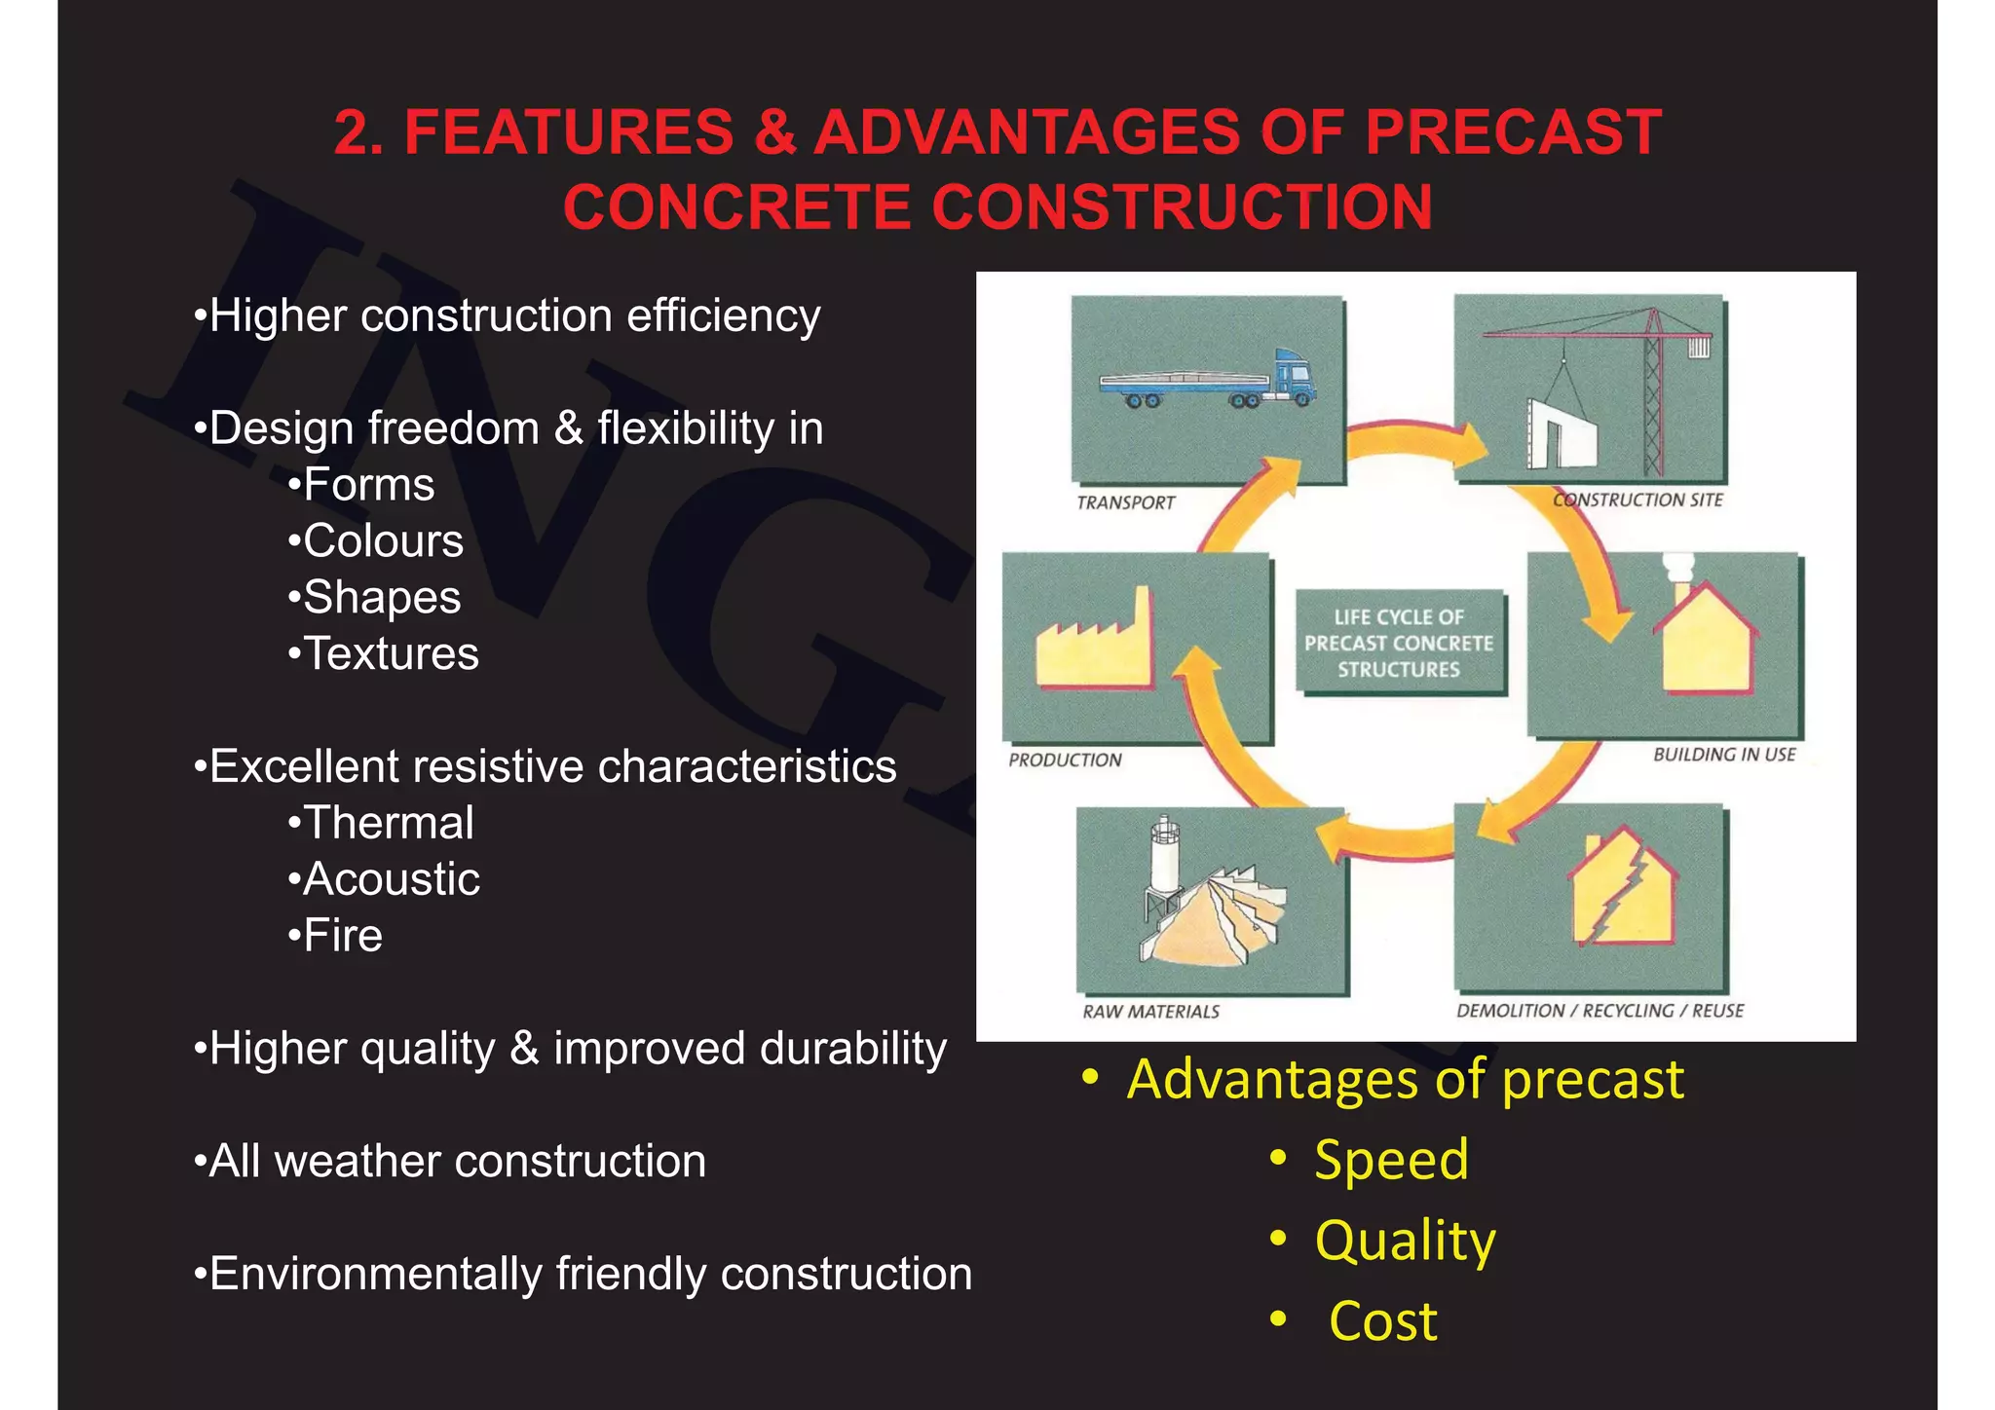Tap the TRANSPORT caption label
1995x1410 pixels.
(x=1125, y=502)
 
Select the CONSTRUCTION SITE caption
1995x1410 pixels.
(x=1637, y=500)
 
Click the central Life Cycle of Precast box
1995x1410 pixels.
(x=1399, y=643)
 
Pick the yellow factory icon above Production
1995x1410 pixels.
(x=1093, y=645)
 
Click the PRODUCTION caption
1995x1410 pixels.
(x=1065, y=760)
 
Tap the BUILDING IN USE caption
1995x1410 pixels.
(x=1723, y=754)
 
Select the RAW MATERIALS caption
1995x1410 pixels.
(x=1150, y=1012)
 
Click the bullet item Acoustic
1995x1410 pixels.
(x=391, y=879)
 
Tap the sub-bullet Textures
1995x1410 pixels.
(x=391, y=653)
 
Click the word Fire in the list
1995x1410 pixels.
(x=342, y=936)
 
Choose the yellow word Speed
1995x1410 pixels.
(x=1390, y=1160)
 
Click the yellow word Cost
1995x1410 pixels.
(x=1382, y=1321)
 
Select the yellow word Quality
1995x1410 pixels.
(x=1405, y=1241)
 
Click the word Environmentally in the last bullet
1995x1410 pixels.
(x=375, y=1274)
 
